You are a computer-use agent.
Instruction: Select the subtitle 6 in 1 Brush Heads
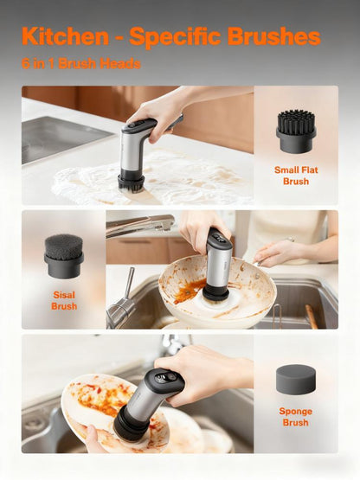[81, 64]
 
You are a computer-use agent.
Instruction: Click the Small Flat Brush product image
[296, 130]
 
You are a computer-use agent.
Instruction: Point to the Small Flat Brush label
[296, 176]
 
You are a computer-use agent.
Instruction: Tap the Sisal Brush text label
[63, 301]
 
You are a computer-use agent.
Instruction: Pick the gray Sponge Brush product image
[296, 381]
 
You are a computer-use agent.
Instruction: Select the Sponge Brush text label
[296, 418]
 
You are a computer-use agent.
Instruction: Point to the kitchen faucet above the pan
[138, 227]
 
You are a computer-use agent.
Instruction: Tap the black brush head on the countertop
[131, 182]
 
